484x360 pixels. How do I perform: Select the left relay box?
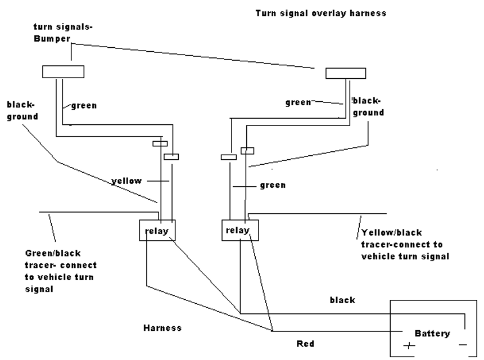(157, 229)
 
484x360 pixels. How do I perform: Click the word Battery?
(432, 333)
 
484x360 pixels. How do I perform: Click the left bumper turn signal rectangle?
(64, 71)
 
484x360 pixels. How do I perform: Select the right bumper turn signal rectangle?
(346, 74)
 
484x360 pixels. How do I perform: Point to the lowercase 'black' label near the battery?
(342, 300)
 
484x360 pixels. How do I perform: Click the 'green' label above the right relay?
(273, 184)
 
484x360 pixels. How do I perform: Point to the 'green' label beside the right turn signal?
(298, 102)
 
